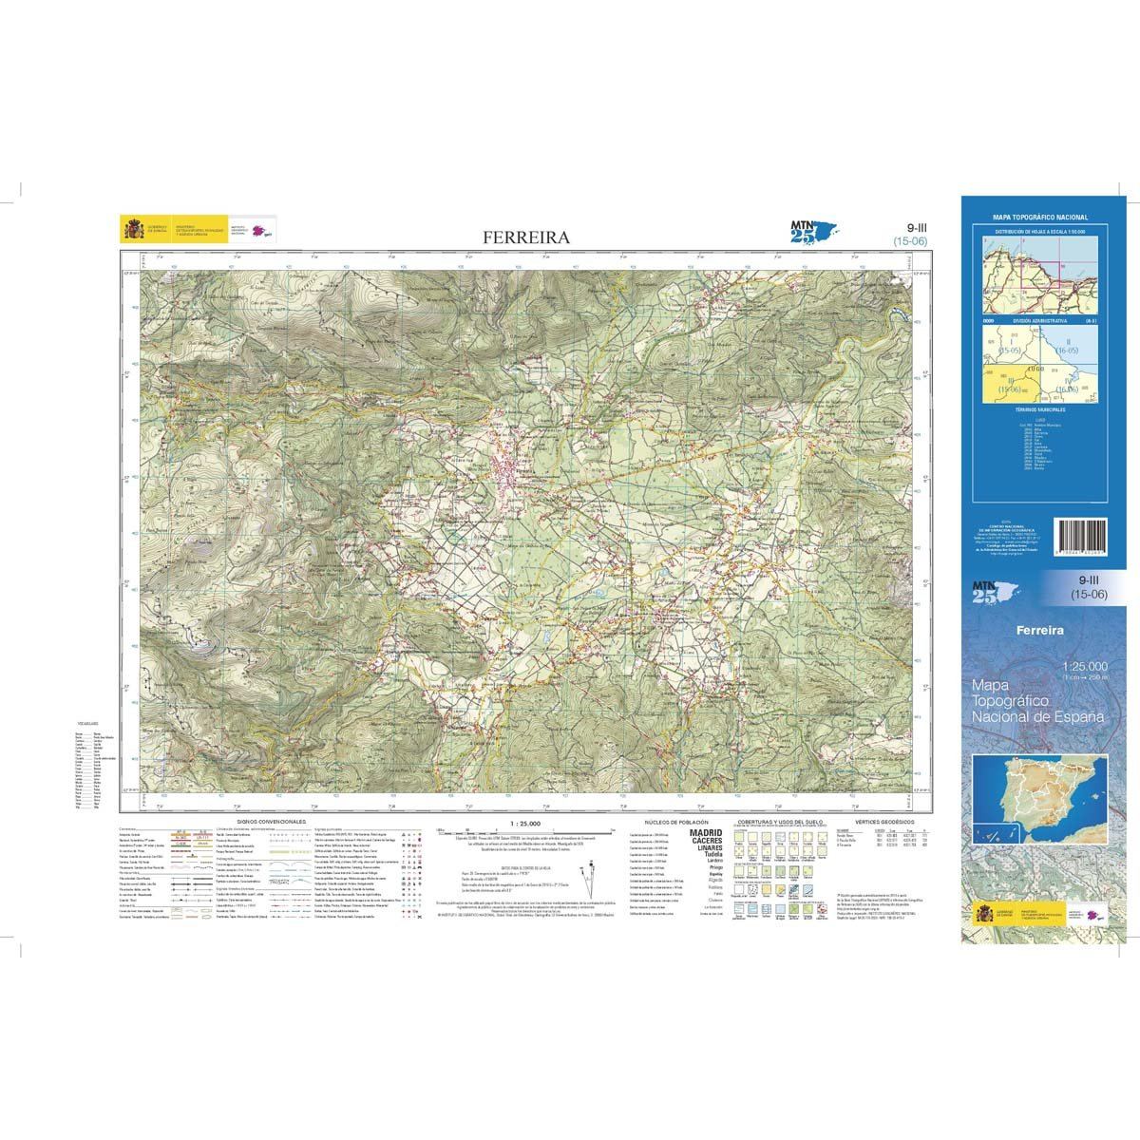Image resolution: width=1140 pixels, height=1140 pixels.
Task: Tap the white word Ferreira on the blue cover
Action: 1037,630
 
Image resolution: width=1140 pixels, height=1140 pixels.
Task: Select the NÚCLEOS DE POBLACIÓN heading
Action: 674,820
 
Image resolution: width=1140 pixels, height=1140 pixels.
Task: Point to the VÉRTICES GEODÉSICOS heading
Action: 883,820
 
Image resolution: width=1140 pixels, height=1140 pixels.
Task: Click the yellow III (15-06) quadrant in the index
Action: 1007,385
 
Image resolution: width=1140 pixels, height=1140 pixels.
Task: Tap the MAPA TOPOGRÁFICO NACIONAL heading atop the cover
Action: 1040,218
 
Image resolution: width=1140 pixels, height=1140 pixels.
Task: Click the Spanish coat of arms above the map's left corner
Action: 131,229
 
